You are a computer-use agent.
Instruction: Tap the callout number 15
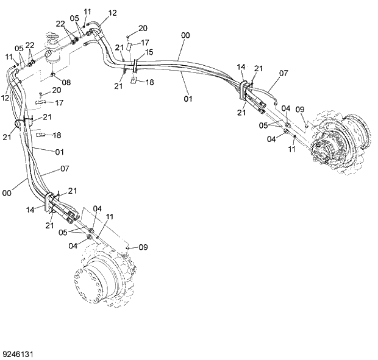[149, 52]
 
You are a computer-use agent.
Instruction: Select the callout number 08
[66, 82]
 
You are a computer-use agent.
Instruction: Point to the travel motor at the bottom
[104, 280]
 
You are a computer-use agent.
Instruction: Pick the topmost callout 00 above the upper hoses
[185, 36]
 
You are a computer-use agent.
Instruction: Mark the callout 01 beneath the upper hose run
[188, 97]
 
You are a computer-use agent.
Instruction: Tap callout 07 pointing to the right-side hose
[283, 74]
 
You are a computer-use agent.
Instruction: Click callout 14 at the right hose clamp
[241, 66]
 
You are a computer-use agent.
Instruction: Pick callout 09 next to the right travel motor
[299, 109]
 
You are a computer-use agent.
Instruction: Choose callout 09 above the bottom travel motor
[143, 247]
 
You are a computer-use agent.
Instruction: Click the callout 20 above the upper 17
[143, 28]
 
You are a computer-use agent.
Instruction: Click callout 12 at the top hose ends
[112, 13]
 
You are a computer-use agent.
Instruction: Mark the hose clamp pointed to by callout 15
[135, 65]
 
